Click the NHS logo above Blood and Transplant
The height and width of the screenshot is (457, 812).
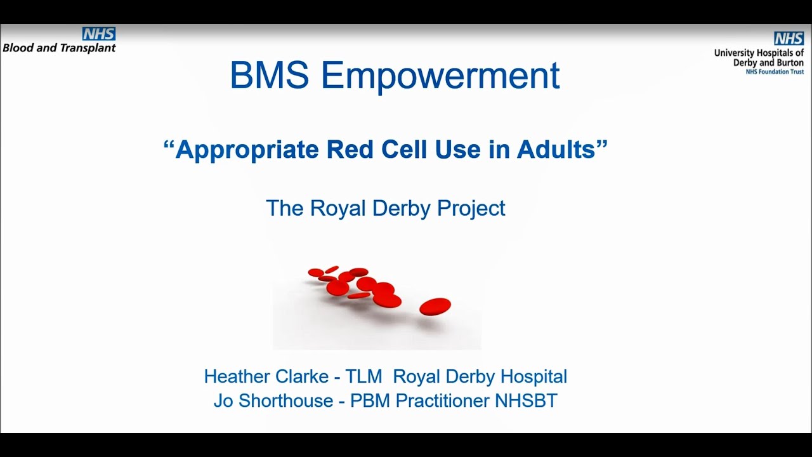click(x=99, y=34)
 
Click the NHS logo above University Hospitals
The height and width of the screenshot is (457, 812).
click(x=789, y=39)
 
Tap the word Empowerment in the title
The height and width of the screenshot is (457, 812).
click(x=440, y=76)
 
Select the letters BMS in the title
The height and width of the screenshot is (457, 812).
click(x=269, y=76)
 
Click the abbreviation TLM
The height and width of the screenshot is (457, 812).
click(x=363, y=376)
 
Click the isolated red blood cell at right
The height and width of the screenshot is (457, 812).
click(x=435, y=307)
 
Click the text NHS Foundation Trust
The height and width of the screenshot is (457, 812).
click(x=775, y=72)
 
